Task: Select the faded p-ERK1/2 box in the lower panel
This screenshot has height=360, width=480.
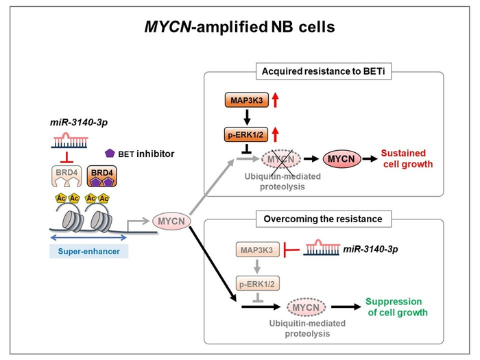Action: click(257, 283)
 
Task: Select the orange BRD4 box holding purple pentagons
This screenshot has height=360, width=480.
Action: click(99, 177)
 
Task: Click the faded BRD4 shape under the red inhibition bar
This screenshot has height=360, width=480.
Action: click(67, 177)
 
